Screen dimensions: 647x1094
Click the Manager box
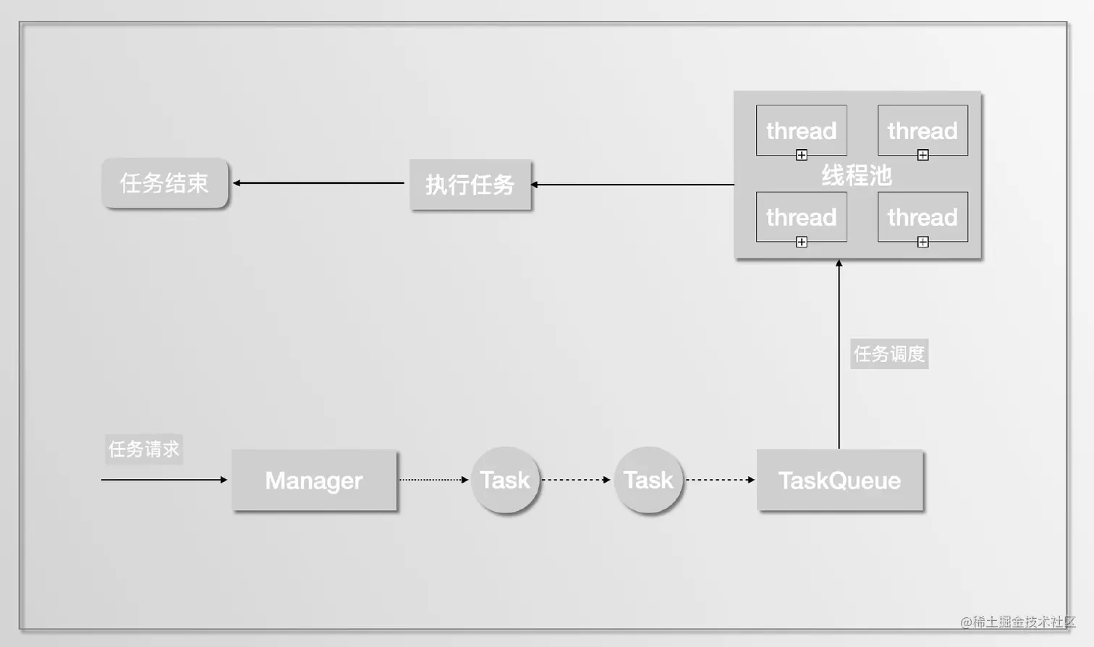[314, 481]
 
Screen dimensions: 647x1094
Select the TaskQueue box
[839, 481]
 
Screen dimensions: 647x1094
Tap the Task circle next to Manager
[505, 480]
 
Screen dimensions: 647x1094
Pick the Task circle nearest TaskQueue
[648, 480]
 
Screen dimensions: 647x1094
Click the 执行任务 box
[470, 185]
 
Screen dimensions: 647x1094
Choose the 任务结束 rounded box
[164, 183]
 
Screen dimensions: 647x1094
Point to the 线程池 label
[857, 175]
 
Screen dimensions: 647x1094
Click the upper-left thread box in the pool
[801, 130]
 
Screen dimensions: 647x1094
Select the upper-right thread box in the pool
[923, 130]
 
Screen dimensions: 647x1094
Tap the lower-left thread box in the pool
[801, 217]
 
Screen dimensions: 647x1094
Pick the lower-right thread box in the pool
[923, 217]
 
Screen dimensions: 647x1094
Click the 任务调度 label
[889, 354]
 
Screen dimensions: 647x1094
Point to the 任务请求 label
[144, 449]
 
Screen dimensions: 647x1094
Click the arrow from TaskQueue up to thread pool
[839, 355]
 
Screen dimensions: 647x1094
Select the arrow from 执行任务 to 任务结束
[318, 183]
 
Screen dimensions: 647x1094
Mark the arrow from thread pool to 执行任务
[633, 185]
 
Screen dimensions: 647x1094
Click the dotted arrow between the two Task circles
[576, 480]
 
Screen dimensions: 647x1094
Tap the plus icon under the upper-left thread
[802, 155]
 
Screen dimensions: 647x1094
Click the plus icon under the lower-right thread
[923, 242]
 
